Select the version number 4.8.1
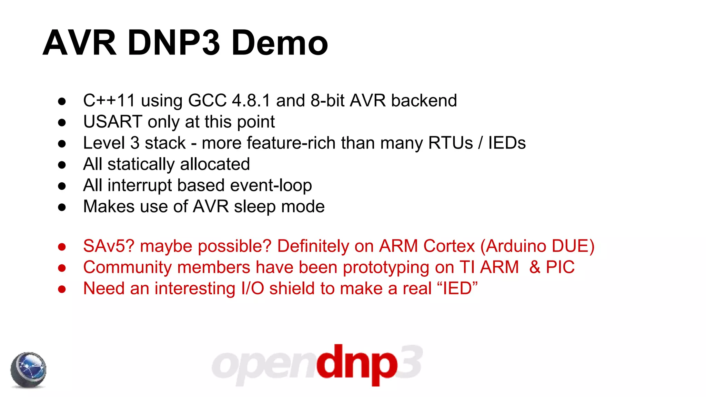[x=251, y=101]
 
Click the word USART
[x=113, y=122]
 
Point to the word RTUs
[x=450, y=143]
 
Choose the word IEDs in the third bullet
[x=507, y=143]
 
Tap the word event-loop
[x=271, y=185]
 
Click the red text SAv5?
[x=109, y=246]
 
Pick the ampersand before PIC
[x=535, y=267]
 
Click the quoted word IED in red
[x=457, y=289]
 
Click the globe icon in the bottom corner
[x=28, y=370]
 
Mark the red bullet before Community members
[x=62, y=268]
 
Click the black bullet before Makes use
[x=62, y=207]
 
